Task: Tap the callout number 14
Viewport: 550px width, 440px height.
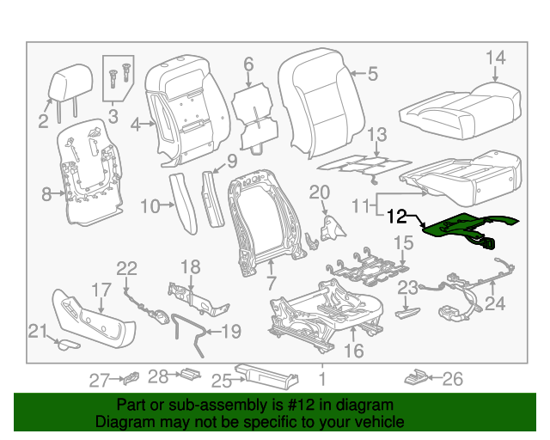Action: [496, 58]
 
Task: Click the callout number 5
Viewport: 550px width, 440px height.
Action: [372, 75]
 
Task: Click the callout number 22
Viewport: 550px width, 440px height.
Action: [126, 269]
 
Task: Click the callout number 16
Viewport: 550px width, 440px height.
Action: [353, 351]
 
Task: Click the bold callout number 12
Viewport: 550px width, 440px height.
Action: [397, 217]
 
